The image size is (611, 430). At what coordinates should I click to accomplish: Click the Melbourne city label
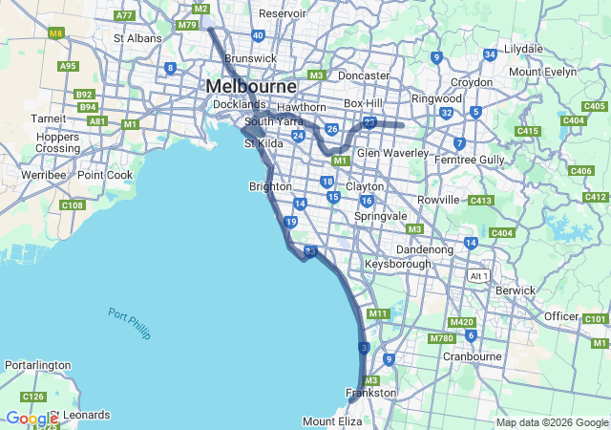[x=251, y=86]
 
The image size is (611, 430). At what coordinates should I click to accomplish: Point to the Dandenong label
[x=425, y=249]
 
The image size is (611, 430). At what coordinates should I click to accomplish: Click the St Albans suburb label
[x=137, y=38]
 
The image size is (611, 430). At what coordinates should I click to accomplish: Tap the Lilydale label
[x=522, y=49]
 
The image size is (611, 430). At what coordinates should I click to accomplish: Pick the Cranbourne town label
[x=472, y=356]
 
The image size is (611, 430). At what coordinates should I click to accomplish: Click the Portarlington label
[x=38, y=365]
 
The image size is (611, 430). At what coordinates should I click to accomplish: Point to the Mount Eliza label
[x=332, y=421]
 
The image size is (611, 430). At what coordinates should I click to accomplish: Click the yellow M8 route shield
[x=56, y=32]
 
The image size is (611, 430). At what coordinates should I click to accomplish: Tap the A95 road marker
[x=68, y=66]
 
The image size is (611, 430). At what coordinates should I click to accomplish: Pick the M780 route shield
[x=442, y=338]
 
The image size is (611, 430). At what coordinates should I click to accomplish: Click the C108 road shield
[x=73, y=205]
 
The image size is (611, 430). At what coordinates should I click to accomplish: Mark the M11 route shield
[x=378, y=313]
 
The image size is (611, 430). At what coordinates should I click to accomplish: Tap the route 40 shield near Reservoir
[x=258, y=35]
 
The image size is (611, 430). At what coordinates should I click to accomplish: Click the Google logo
[x=32, y=419]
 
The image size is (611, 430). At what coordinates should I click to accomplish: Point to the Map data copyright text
[x=552, y=422]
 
